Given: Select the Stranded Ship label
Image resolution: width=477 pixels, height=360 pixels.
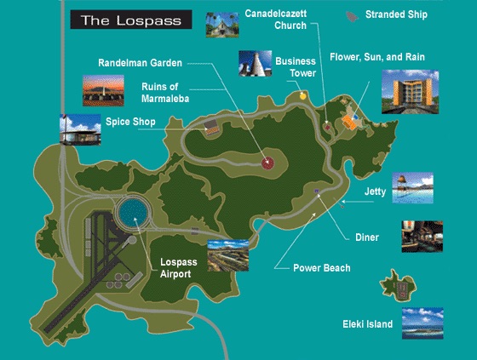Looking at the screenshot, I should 396,14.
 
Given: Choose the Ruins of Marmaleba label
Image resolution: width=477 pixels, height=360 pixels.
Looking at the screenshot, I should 165,90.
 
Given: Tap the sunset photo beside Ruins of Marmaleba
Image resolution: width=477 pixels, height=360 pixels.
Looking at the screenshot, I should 103,90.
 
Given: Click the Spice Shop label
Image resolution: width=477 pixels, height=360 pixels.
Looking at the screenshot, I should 130,123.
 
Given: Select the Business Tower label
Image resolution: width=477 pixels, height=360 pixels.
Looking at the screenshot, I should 295,66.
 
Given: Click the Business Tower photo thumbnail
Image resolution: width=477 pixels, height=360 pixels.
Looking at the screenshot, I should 255,66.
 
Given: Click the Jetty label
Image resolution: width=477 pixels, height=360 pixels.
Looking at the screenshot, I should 375,192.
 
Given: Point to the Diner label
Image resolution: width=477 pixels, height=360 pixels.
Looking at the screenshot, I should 366,237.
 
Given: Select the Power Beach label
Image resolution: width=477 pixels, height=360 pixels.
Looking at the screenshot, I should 321,267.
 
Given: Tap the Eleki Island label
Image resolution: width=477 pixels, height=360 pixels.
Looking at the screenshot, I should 367,324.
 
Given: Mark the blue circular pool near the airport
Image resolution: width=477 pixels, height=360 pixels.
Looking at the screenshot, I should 131,211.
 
